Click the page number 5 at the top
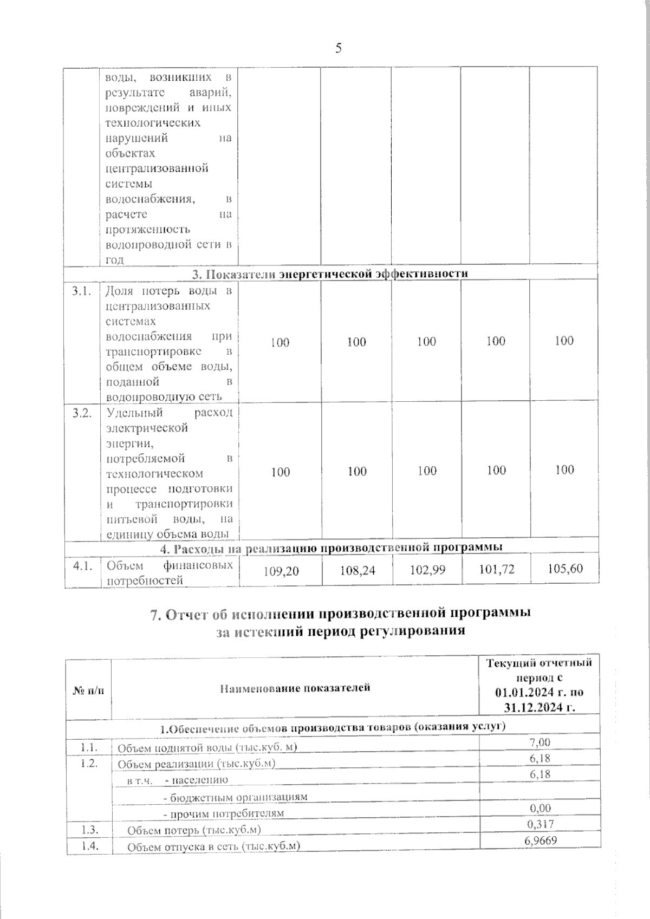[339, 49]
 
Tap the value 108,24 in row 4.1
[357, 571]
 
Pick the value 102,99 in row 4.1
[427, 570]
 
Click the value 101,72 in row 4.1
[496, 569]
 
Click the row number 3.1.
[81, 291]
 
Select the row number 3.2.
[81, 413]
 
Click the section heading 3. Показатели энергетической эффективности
[330, 274]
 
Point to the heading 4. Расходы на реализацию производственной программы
[331, 548]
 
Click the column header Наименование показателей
[295, 688]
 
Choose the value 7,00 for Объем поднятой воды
[539, 742]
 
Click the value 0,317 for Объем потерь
[539, 825]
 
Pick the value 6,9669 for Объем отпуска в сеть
[539, 840]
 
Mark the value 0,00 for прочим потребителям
[539, 809]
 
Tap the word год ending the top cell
[114, 259]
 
